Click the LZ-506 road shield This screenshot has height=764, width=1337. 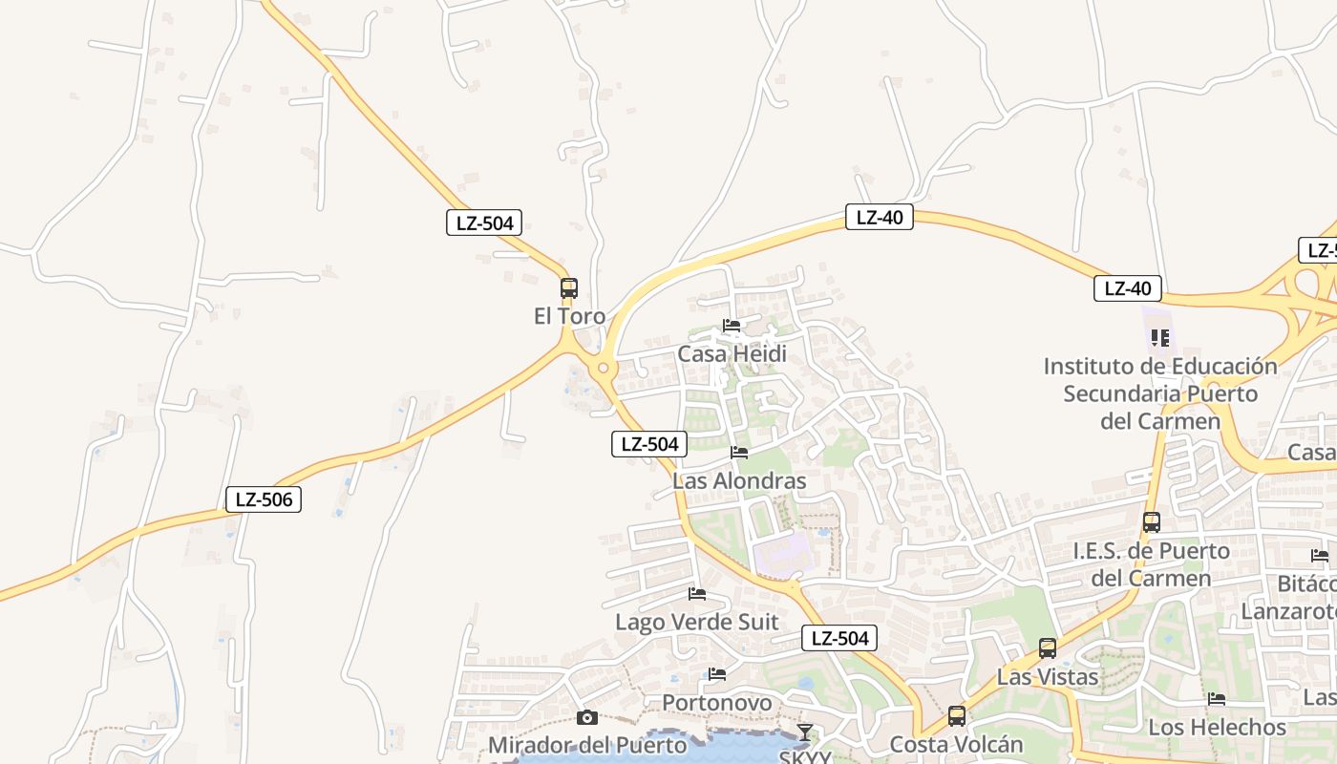pos(264,499)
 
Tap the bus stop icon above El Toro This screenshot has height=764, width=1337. pos(569,287)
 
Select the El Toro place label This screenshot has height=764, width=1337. pos(569,316)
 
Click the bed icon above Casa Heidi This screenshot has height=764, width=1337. pos(732,326)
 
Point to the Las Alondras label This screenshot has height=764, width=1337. pos(739,481)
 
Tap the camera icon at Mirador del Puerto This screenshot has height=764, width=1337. pos(587,717)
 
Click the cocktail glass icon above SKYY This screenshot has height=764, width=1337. pos(805,732)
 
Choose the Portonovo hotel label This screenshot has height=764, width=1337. pos(717,703)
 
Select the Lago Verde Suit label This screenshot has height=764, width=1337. pos(696,623)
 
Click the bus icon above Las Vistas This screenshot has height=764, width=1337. pos(1048,648)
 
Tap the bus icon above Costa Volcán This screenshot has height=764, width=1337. pos(957,716)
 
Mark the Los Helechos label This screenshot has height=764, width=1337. pos(1217,727)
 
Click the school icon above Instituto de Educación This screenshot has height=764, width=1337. pos(1160,337)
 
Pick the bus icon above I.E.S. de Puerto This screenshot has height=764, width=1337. pos(1152,522)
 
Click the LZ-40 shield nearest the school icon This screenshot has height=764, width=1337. pos(1128,288)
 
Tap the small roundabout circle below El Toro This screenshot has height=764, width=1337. pos(604,368)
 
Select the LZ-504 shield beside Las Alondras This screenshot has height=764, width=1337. pos(649,443)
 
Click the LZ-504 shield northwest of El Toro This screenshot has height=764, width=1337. pos(484,223)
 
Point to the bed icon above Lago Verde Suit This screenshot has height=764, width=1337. pos(697,594)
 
